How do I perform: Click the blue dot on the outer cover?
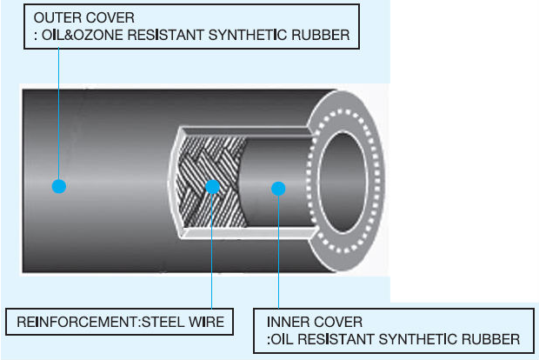point(58,186)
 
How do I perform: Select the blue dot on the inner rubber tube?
point(277,187)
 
